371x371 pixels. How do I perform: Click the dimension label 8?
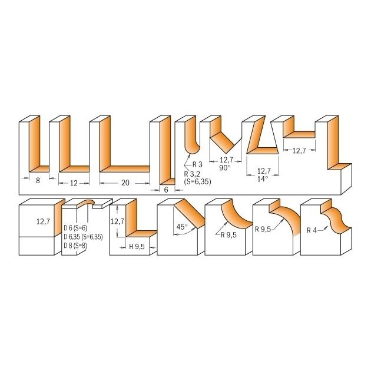click(38, 181)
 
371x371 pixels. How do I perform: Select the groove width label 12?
click(74, 183)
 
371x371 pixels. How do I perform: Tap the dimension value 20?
click(125, 183)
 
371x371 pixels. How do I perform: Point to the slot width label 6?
click(166, 190)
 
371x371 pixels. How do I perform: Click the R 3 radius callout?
click(197, 164)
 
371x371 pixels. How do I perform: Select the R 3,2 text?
click(192, 174)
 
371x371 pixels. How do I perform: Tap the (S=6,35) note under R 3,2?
click(197, 182)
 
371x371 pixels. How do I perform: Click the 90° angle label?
click(224, 168)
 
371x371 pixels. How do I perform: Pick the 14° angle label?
click(263, 179)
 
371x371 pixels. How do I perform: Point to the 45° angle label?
click(182, 227)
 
